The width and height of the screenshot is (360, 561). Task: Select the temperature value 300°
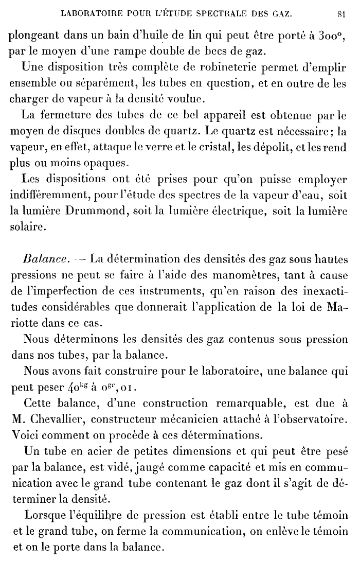[323, 37]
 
